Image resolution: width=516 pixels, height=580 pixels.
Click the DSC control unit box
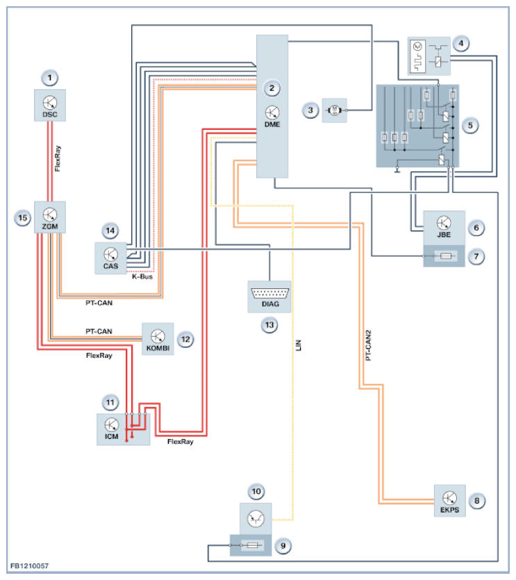coord(49,106)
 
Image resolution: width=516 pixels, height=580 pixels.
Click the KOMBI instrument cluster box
coord(157,338)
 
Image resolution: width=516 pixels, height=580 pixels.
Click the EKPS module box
coord(449,500)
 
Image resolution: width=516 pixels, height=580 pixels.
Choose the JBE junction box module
coord(444,227)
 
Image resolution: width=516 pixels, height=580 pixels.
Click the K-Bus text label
coord(142,276)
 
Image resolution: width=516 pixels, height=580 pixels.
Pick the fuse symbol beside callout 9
coord(247,545)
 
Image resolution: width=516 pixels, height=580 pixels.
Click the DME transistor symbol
coord(272,113)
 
